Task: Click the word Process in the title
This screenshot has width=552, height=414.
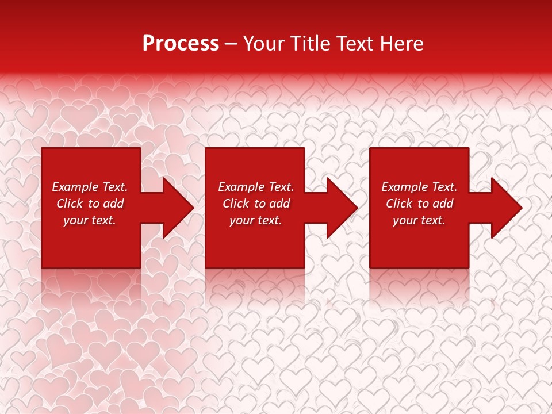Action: (181, 44)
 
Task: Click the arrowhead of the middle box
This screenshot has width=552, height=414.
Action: (342, 208)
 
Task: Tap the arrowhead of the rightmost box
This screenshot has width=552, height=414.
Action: (506, 208)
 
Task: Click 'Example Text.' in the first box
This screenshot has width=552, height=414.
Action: (90, 187)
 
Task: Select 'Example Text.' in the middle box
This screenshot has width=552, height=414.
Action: (256, 187)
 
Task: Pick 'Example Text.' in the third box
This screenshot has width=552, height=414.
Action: (419, 187)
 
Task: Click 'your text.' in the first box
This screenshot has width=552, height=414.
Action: (90, 220)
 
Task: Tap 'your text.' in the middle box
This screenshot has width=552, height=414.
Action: (256, 220)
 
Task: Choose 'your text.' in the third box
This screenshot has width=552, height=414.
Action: (419, 220)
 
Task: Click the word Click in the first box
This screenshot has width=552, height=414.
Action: (70, 204)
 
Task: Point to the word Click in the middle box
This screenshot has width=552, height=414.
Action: (236, 204)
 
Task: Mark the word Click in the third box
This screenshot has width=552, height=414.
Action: (399, 204)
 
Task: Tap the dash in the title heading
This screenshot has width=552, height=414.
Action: (231, 44)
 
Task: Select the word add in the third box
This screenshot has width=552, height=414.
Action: (443, 204)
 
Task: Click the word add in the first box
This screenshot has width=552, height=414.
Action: (113, 204)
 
